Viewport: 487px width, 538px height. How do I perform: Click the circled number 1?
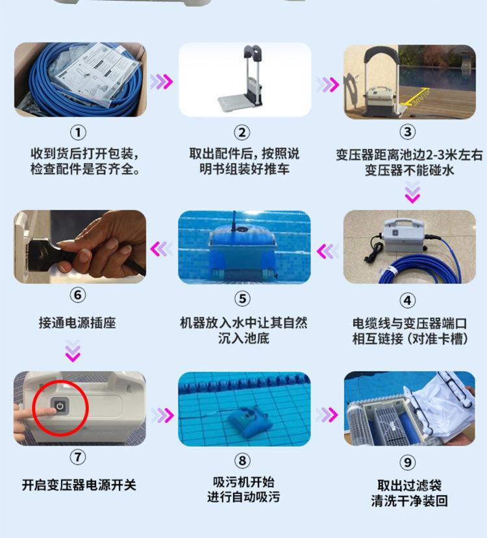click(x=78, y=133)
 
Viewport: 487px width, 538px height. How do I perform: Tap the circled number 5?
click(x=242, y=298)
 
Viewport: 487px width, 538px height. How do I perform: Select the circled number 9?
click(x=407, y=462)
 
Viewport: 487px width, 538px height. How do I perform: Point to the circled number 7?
click(x=78, y=457)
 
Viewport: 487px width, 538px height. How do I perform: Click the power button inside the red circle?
click(x=60, y=407)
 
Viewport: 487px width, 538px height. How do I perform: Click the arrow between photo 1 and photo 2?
click(x=162, y=82)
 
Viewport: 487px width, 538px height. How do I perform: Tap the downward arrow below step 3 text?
click(x=412, y=192)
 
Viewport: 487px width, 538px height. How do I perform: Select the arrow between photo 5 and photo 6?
click(x=162, y=249)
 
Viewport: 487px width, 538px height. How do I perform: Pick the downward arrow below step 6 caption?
click(x=73, y=351)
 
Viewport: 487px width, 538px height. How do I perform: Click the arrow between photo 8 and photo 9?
click(x=327, y=415)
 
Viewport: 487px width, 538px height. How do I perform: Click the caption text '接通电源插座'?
click(x=77, y=323)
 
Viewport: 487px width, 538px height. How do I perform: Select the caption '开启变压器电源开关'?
click(x=79, y=485)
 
